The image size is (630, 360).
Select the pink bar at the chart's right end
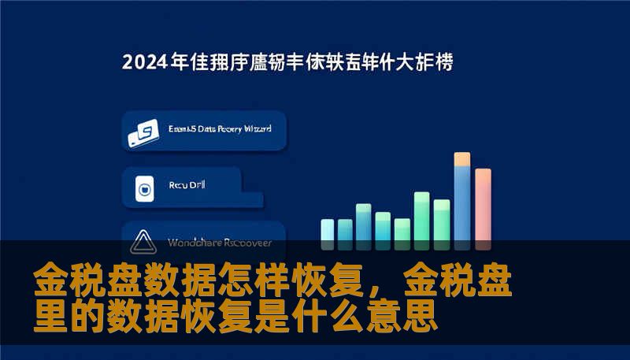click(483, 206)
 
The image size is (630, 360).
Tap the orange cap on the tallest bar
click(462, 159)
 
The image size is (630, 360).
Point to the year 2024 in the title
click(145, 62)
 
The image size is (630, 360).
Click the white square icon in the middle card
click(144, 187)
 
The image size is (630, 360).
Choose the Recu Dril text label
click(186, 187)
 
